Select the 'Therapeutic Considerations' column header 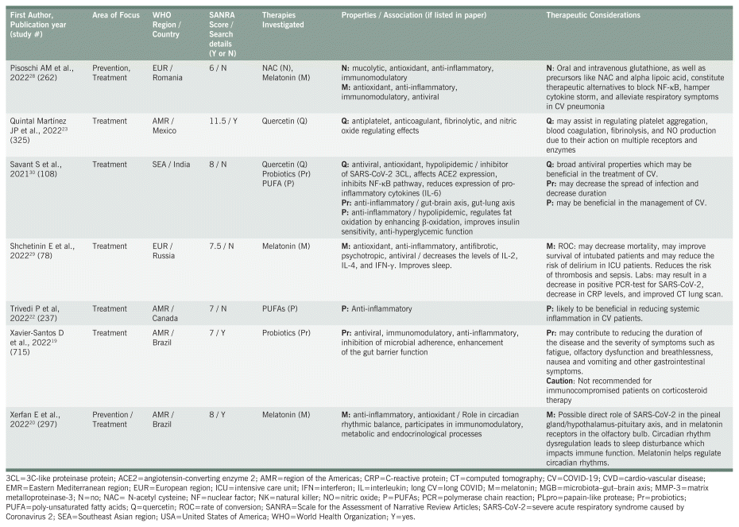point(593,15)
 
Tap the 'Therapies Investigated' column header point(283,20)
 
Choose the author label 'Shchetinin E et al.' point(41,246)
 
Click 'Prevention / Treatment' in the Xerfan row point(113,419)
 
